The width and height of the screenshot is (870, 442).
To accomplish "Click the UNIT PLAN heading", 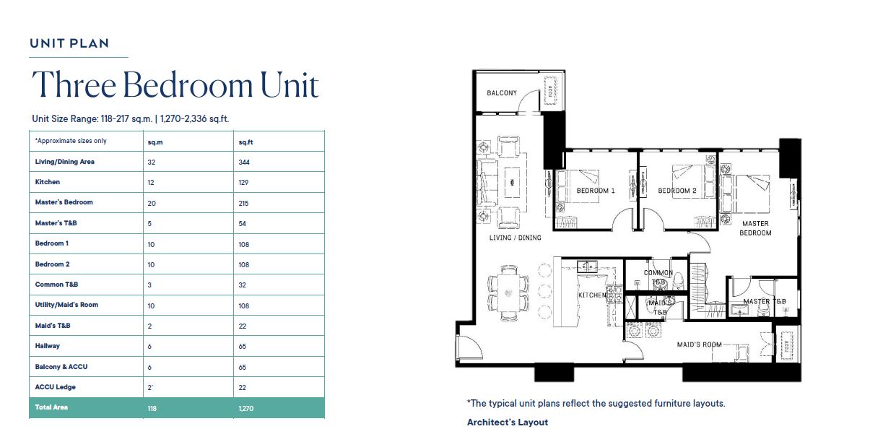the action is point(69,43).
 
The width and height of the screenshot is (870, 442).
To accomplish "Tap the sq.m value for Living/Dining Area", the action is point(152,162).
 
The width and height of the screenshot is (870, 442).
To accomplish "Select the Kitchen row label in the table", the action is point(48,182).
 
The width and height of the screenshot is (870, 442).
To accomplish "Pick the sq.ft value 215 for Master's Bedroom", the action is point(243,203).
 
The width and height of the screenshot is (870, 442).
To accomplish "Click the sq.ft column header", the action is point(245,142).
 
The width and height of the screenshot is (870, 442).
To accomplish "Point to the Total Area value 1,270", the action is point(246,408).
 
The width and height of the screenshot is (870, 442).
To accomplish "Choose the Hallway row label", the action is point(48,346).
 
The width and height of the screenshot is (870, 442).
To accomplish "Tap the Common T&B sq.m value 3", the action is point(149,285).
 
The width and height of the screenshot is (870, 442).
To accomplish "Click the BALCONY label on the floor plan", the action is point(502,93).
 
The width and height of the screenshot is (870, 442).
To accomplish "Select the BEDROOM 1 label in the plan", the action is point(596,191).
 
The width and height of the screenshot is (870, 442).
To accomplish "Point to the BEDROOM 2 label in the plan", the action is point(677,191).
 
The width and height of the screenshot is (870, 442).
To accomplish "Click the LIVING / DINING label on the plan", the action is point(515,238).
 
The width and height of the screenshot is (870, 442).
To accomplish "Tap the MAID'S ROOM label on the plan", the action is point(699,344).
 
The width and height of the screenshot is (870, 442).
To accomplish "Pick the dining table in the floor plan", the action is point(508,292).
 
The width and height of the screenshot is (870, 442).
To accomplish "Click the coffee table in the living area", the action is point(512,182).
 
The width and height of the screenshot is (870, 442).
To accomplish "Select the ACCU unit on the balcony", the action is point(550,90).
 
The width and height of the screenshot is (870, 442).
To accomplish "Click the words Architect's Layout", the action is point(508,422).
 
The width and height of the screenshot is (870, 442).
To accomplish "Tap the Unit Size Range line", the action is point(131,119).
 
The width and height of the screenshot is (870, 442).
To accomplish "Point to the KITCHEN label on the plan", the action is point(592,295).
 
